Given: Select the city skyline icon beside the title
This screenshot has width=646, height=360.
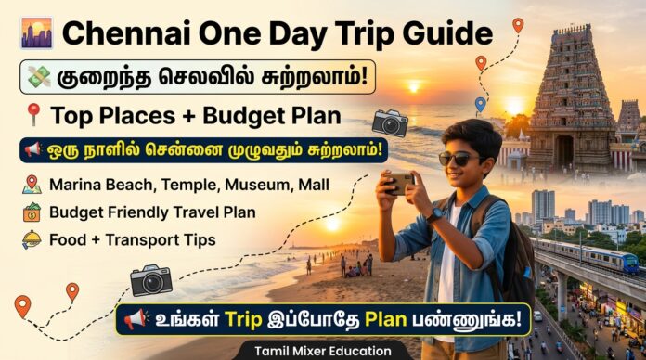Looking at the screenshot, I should coord(36,33).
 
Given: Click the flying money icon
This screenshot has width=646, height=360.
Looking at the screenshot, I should coord(37,75).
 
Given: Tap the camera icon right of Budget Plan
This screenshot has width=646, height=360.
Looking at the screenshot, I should coord(390,122).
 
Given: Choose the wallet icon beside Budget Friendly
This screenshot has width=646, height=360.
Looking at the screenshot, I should coord(32,212).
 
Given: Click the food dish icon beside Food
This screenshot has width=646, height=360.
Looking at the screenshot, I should coord(32,239).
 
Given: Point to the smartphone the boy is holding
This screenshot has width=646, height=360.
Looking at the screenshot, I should coord(401,181).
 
